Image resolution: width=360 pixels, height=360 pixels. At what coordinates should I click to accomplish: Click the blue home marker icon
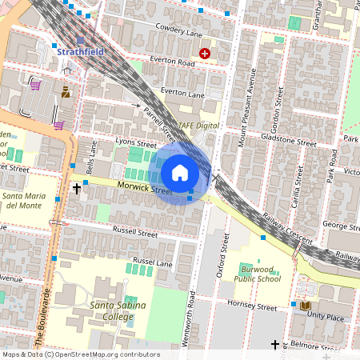coord(180,172)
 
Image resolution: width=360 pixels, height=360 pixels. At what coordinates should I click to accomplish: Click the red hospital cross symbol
coord(205,53)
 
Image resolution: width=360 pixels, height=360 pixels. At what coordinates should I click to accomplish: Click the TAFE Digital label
coord(198,126)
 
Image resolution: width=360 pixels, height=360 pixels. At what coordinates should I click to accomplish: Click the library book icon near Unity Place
coord(304,305)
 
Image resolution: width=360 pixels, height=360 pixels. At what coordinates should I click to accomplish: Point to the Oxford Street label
coord(226,255)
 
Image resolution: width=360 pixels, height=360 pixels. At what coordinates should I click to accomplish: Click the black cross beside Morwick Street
coord(77,189)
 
